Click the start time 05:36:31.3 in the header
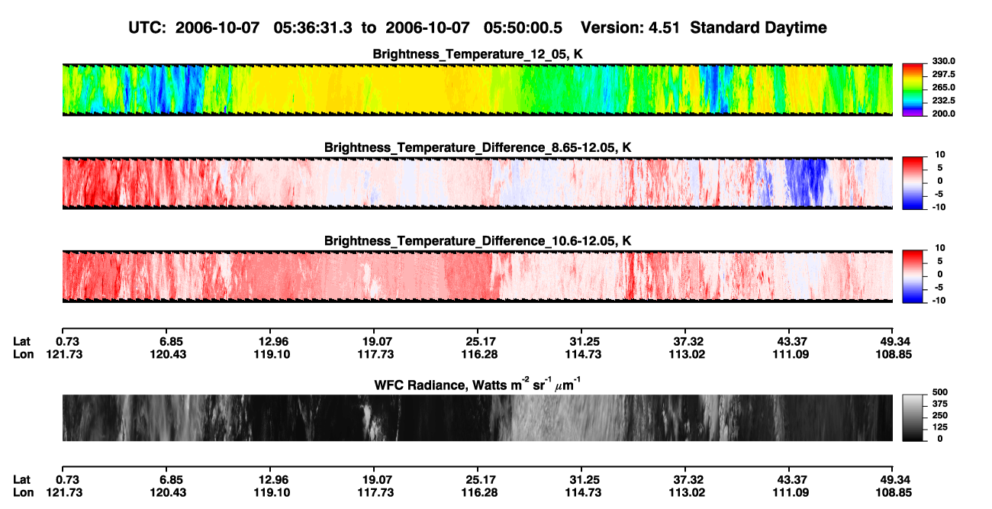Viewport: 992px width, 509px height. (313, 28)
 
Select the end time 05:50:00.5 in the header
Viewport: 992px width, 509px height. (523, 28)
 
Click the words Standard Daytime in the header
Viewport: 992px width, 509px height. (758, 28)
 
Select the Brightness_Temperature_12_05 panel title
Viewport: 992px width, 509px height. (478, 54)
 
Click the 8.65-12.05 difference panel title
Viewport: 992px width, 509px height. (478, 147)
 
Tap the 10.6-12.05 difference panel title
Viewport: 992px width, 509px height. (478, 241)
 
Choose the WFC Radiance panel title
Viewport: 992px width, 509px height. (478, 384)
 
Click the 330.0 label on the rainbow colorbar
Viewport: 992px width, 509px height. (943, 61)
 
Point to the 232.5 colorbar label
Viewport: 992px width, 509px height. (943, 101)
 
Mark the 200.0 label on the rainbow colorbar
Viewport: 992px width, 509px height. (943, 114)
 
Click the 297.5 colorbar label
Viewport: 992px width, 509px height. (943, 75)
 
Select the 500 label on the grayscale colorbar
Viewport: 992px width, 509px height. (940, 392)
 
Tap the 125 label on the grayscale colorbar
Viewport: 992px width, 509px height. (940, 427)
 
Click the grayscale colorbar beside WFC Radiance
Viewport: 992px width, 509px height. (913, 417)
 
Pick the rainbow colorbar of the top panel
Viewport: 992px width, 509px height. (913, 90)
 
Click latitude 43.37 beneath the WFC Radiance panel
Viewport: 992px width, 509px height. (791, 480)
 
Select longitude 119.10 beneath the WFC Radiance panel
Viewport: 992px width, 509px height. (272, 493)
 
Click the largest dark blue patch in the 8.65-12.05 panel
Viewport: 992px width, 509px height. (807, 182)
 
